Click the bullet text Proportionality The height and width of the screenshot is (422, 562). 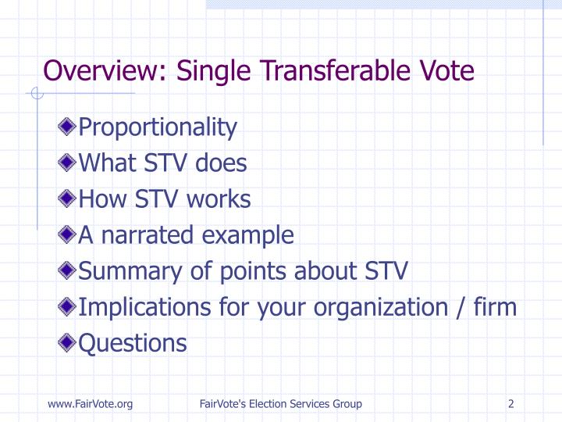(158, 127)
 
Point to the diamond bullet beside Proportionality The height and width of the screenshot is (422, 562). (68, 127)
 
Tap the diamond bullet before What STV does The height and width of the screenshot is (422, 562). (68, 163)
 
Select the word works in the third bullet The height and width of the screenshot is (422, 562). (219, 199)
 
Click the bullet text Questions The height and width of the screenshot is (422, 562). (133, 343)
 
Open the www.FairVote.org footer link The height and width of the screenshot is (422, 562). (90, 403)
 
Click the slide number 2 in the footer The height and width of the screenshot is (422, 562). (510, 403)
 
